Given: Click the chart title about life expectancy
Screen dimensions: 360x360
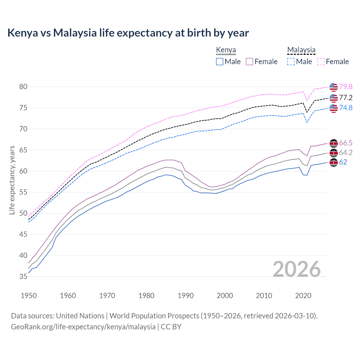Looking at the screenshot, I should pos(128,33).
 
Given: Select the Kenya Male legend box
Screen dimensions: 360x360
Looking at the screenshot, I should pos(220,62).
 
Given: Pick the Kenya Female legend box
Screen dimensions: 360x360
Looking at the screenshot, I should pos(249,62).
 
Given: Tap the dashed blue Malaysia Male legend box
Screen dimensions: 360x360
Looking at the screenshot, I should pos(291,62).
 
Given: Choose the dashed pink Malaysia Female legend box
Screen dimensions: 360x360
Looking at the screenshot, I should pos(321,62).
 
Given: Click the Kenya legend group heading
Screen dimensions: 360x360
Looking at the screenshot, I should pos(226,50).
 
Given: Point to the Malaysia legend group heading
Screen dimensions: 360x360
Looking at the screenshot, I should pos(301,50).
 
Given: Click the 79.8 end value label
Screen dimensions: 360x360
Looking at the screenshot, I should pos(346,87).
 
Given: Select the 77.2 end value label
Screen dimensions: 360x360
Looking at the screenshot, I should pos(346,98).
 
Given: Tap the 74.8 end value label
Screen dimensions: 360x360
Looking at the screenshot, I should pos(346,108).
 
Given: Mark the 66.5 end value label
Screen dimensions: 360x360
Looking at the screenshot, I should pos(346,143).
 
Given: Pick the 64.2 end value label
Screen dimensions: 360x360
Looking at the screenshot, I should pos(346,152).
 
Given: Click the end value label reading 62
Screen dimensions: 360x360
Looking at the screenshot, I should pos(343,162).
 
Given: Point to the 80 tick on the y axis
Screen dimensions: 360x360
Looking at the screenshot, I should pos(23,87).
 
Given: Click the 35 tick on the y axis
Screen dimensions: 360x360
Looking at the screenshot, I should pos(23,277).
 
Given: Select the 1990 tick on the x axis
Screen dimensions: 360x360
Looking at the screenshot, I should pos(186,296).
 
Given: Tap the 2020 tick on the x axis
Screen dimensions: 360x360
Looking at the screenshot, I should pos(303,296).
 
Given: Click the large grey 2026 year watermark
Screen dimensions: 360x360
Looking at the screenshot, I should pos(297,269).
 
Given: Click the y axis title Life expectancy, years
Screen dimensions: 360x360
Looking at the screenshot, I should pos(12,180).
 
